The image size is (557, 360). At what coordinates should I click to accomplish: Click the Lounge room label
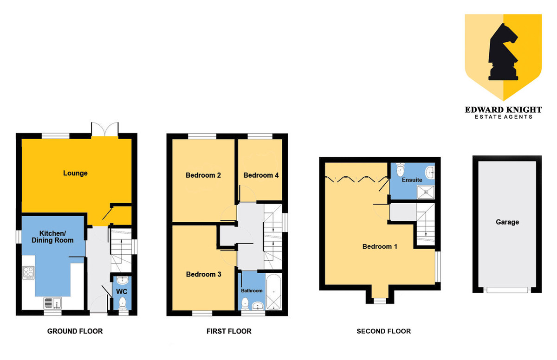[x=75, y=173]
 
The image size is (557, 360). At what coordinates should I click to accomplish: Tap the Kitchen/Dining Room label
[x=52, y=237]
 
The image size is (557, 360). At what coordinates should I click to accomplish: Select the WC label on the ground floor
[x=122, y=291]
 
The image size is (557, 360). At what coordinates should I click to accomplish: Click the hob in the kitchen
[x=28, y=272]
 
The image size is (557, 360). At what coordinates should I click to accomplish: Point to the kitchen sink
[x=53, y=303]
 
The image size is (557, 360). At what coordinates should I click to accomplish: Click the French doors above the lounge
[x=105, y=129]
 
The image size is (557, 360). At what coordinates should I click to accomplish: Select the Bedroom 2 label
[x=203, y=175]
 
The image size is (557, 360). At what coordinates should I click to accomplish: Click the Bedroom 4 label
[x=261, y=175]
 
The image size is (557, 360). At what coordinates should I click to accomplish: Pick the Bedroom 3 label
[x=203, y=274]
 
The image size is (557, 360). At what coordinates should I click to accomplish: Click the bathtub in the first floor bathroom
[x=273, y=292]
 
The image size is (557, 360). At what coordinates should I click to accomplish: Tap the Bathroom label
[x=252, y=291]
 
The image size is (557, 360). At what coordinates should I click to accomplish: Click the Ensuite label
[x=412, y=180]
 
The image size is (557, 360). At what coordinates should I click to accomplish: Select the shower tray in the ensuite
[x=426, y=192]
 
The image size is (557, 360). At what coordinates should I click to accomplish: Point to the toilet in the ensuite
[x=400, y=169]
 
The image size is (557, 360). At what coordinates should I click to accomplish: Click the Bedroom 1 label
[x=380, y=246]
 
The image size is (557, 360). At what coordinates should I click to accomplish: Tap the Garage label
[x=507, y=222]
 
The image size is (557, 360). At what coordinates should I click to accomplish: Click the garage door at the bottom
[x=507, y=290]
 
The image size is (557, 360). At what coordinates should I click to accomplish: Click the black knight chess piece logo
[x=503, y=52]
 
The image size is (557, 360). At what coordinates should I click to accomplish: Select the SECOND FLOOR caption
[x=384, y=331]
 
